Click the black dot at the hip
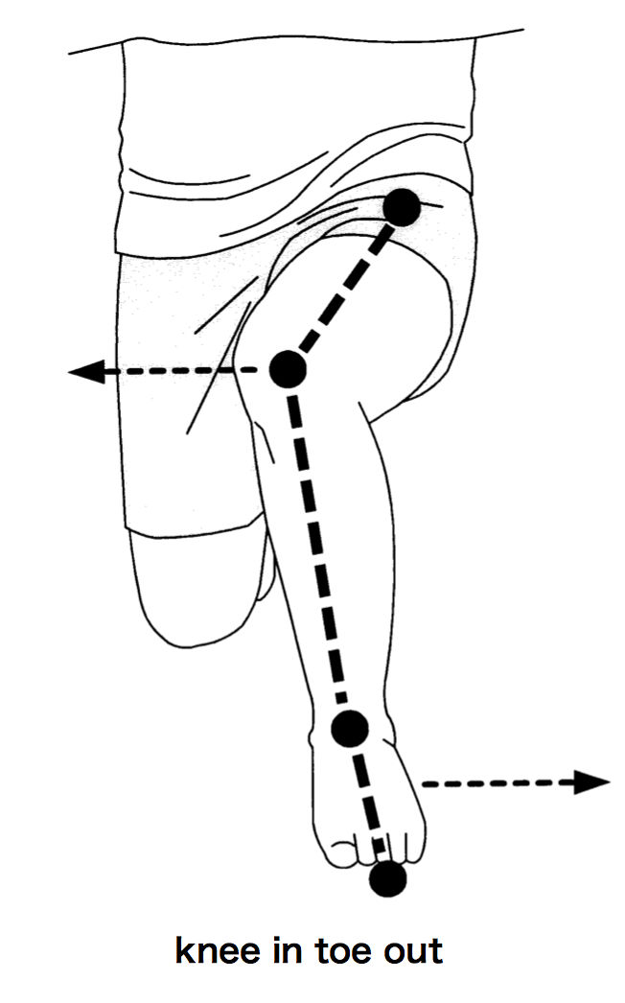[x=402, y=207]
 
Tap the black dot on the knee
[x=288, y=369]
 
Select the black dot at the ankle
[x=351, y=728]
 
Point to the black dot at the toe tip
[x=387, y=879]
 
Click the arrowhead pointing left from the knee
[x=87, y=371]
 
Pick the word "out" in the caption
[x=413, y=952]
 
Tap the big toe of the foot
[x=341, y=850]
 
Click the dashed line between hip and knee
[x=345, y=288]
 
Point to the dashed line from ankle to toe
[x=369, y=803]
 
